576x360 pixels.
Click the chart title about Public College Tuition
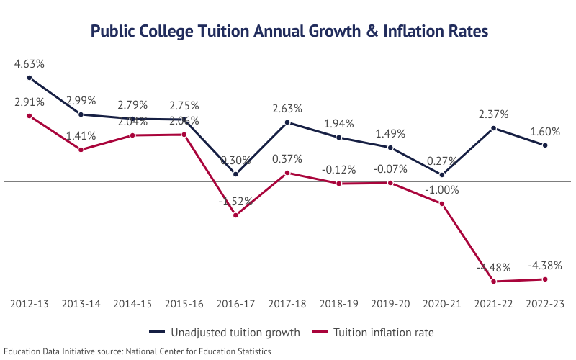(288, 32)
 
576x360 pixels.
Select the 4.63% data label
(30, 65)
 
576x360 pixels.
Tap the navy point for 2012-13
(30, 78)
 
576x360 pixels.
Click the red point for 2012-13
(30, 115)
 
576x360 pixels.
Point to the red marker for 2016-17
(235, 215)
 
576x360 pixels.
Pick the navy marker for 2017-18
(287, 122)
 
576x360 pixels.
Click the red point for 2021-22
(493, 281)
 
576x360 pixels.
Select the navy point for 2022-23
(545, 145)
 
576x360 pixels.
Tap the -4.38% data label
(545, 265)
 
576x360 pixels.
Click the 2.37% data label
(493, 114)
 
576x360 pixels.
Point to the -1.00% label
(441, 189)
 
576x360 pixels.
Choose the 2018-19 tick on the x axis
(338, 305)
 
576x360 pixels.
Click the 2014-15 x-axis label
(132, 305)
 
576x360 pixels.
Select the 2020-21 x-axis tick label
(441, 305)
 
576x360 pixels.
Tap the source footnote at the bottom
(136, 351)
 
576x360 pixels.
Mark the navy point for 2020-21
(441, 174)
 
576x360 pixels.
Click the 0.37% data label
(287, 159)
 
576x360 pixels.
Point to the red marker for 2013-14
(81, 150)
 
